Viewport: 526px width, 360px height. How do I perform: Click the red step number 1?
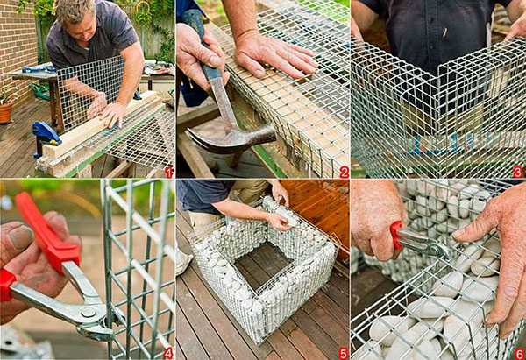[168, 173]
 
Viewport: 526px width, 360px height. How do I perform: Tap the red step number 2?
[345, 173]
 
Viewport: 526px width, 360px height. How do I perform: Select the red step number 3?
[518, 172]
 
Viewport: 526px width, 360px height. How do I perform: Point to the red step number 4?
[168, 353]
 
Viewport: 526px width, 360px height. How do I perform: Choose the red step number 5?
[343, 353]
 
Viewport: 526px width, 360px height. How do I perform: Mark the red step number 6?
[520, 354]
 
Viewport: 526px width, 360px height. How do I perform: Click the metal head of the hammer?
[231, 139]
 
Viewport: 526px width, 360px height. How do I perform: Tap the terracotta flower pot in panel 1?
[6, 112]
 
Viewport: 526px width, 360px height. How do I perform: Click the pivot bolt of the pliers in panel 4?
[88, 313]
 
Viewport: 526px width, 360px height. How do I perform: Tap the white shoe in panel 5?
[183, 260]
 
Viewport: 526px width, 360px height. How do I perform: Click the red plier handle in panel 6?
[396, 236]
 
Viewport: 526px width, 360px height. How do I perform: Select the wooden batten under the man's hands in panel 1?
[101, 126]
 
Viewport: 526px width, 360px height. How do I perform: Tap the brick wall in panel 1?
[18, 47]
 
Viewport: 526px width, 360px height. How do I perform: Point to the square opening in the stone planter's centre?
[263, 265]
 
